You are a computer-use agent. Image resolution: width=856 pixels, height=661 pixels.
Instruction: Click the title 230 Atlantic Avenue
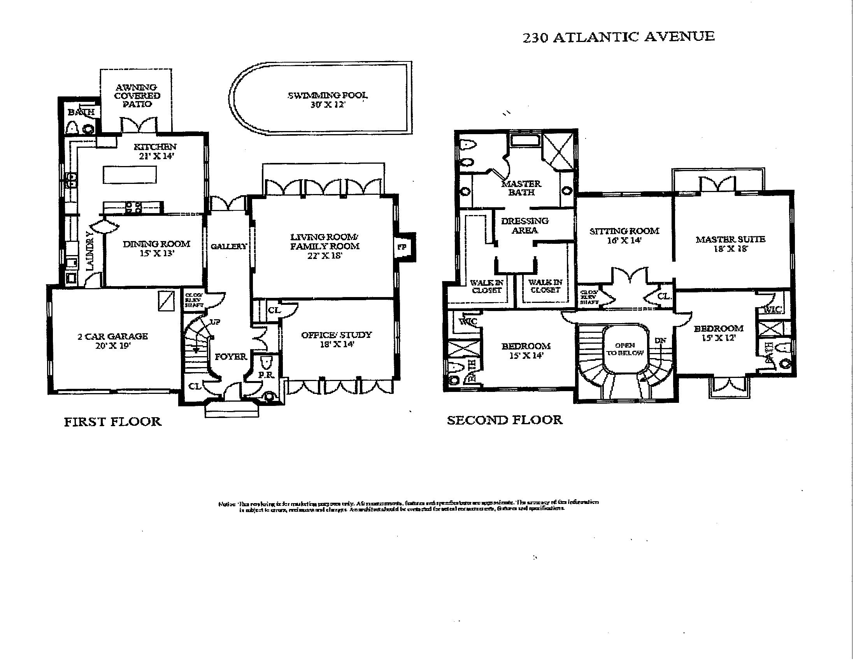point(619,37)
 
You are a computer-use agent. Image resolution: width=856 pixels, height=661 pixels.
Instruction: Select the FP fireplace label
point(402,247)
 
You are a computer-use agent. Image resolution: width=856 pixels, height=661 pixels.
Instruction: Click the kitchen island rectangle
point(130,175)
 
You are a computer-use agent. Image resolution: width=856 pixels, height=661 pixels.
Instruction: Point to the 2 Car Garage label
point(112,341)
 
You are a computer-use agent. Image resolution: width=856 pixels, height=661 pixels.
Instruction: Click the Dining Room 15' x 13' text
point(156,248)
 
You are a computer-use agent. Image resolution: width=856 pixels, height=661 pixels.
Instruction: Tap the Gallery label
point(229,246)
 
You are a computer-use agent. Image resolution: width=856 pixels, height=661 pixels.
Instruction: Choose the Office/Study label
point(336,339)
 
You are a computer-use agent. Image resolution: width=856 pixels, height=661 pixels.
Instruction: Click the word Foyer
point(231,357)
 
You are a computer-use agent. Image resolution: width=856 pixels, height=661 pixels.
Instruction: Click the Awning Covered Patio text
point(137,96)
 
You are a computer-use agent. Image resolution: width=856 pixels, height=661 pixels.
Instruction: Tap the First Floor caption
point(112,422)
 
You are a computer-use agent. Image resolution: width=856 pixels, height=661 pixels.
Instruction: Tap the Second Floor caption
point(504,420)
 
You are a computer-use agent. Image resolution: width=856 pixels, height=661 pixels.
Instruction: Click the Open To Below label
point(625,349)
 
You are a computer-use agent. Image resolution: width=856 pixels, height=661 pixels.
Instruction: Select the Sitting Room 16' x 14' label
point(624,235)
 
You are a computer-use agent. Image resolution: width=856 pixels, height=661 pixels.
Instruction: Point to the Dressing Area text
point(524,226)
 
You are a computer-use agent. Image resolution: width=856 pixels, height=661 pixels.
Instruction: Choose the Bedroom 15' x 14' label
point(526,350)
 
